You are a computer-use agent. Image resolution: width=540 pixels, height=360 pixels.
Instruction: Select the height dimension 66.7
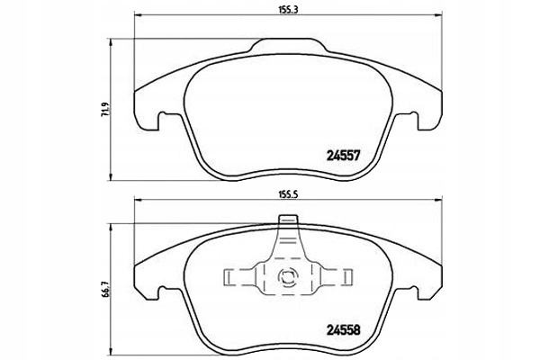coord(106,286)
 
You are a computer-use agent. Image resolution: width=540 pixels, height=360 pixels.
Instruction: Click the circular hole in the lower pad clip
coord(289,279)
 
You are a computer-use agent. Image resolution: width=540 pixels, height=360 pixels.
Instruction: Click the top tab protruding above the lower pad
coord(289,220)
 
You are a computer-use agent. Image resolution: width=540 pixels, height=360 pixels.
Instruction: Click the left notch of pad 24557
coord(161,117)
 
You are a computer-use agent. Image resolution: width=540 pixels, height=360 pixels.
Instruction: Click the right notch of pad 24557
coord(417,117)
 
